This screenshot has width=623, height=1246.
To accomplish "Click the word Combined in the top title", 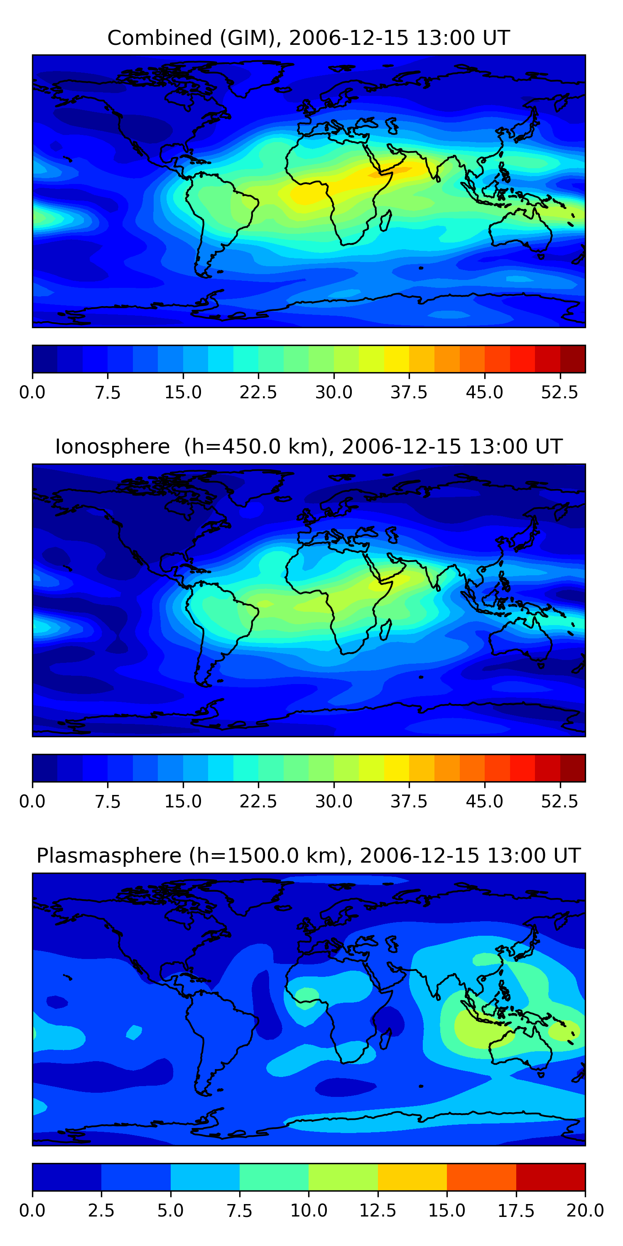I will tap(159, 38).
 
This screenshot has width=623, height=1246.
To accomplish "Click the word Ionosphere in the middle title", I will tap(112, 446).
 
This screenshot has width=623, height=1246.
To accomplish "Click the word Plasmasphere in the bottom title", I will tap(109, 856).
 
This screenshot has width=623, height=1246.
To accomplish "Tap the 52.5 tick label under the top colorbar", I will tap(559, 392).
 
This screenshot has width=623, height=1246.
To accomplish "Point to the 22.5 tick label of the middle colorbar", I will tap(258, 802).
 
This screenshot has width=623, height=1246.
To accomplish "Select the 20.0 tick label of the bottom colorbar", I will tap(585, 1211).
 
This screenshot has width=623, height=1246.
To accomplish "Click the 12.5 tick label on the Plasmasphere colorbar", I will tap(378, 1211).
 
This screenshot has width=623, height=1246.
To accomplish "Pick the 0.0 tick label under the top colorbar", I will tap(32, 392).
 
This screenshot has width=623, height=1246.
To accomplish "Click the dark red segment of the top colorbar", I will tap(573, 359).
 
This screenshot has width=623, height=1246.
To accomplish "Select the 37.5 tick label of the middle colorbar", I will tap(409, 802).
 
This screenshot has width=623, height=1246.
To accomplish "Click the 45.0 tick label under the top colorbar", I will tap(485, 392).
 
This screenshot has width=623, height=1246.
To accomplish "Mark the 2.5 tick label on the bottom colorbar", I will tap(102, 1211).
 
